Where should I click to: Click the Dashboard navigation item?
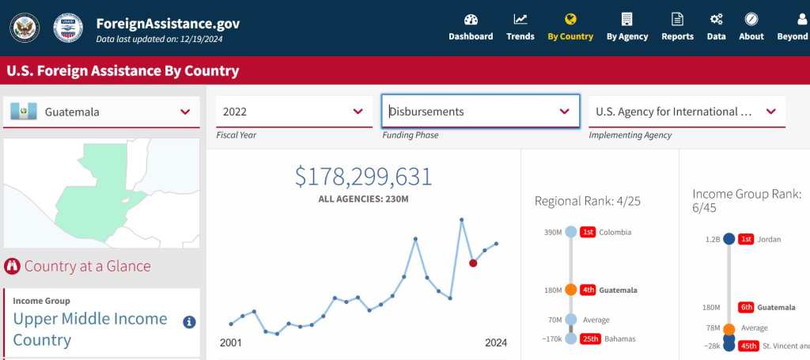pyautogui.click(x=471, y=27)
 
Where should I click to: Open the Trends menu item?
pyautogui.click(x=520, y=27)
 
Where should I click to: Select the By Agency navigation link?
pyautogui.click(x=626, y=27)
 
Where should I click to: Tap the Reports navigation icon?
pyautogui.click(x=677, y=20)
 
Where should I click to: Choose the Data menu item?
pyautogui.click(x=716, y=27)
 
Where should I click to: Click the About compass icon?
pyautogui.click(x=751, y=20)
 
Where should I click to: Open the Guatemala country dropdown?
pyautogui.click(x=101, y=112)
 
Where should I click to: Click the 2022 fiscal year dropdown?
pyautogui.click(x=293, y=112)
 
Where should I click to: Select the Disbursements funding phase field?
pyautogui.click(x=479, y=112)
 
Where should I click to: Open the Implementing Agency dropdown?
pyautogui.click(x=687, y=112)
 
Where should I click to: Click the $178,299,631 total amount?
pyautogui.click(x=364, y=176)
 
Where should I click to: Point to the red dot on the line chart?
pyautogui.click(x=473, y=263)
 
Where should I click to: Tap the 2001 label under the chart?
pyautogui.click(x=231, y=343)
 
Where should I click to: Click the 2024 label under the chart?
pyautogui.click(x=496, y=343)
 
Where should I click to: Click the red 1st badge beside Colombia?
pyautogui.click(x=588, y=232)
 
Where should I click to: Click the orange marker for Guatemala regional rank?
pyautogui.click(x=571, y=290)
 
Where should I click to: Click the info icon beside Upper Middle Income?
pyautogui.click(x=189, y=322)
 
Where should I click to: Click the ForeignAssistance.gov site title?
pyautogui.click(x=168, y=23)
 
